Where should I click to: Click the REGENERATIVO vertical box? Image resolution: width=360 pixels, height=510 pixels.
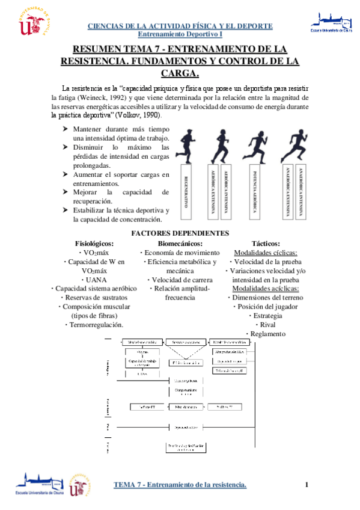point(186,192)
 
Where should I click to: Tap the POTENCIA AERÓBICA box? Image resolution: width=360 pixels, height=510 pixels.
point(255,192)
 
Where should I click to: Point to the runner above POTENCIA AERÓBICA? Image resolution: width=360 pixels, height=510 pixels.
point(255,144)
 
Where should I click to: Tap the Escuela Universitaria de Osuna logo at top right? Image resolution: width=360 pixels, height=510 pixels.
point(332,22)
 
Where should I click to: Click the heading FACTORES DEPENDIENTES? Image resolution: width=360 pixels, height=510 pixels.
point(180,233)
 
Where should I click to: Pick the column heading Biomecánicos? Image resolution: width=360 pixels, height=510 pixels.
point(180,243)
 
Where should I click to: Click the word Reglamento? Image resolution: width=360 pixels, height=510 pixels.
point(268,334)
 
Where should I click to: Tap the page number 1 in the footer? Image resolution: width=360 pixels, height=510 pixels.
point(307,485)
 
